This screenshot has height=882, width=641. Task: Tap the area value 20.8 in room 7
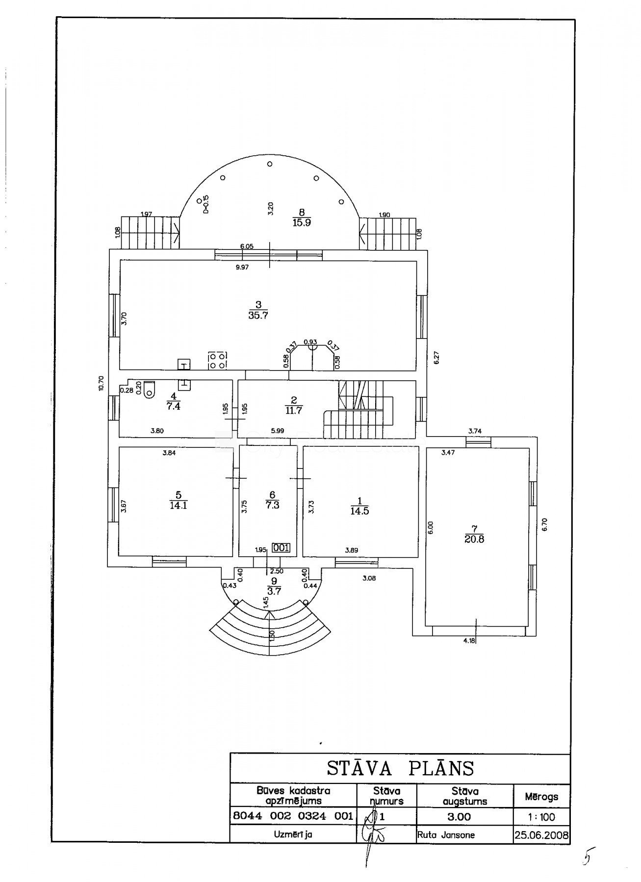(x=474, y=539)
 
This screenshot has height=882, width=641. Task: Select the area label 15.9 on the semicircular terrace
(x=302, y=222)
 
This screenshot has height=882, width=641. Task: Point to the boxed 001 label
(x=281, y=548)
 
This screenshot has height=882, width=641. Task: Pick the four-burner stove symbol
(x=217, y=360)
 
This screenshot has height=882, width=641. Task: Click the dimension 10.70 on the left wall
(x=101, y=383)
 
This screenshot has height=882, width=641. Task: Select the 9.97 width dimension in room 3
(x=243, y=267)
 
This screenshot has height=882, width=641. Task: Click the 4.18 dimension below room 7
(x=469, y=640)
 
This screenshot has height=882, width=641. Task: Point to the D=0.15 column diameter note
(x=206, y=204)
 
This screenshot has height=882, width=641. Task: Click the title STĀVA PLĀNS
(x=400, y=768)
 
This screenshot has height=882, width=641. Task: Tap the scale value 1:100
(x=541, y=817)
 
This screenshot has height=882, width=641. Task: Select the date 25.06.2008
(x=541, y=835)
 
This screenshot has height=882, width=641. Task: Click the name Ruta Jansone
(x=446, y=835)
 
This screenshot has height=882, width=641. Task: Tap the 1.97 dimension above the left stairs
(x=146, y=214)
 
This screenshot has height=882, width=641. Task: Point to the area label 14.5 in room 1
(x=359, y=511)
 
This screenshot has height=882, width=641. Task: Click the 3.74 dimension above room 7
(x=475, y=431)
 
